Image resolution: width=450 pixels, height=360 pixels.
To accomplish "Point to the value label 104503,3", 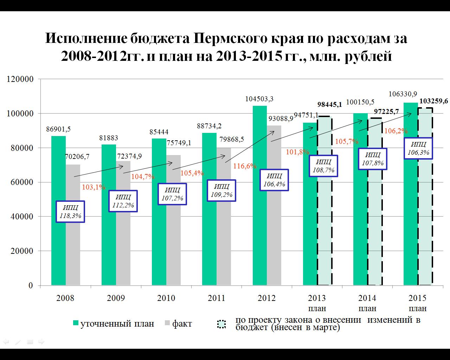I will pos(259,99).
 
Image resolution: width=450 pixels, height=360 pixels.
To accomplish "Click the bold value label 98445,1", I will pos(329,104).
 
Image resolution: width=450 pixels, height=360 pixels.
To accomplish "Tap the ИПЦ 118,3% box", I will pos(70,212).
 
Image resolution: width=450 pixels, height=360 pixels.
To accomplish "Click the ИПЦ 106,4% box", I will pos(274,180).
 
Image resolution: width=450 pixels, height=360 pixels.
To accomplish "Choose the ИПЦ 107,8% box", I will pos(373,159).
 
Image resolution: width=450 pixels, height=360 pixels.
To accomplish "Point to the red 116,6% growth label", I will pos(245,166).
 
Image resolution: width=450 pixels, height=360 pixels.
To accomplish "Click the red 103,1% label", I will pos(94,187).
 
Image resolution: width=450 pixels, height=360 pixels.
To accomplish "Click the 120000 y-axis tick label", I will pos(20,79).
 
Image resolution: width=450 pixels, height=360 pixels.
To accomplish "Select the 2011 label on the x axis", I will pos(217,298).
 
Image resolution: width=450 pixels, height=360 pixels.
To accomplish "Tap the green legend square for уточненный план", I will pos(76,323).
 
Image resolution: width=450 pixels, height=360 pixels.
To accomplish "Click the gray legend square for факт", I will pos(167,323).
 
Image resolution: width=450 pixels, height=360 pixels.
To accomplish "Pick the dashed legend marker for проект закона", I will pos(221,324).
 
